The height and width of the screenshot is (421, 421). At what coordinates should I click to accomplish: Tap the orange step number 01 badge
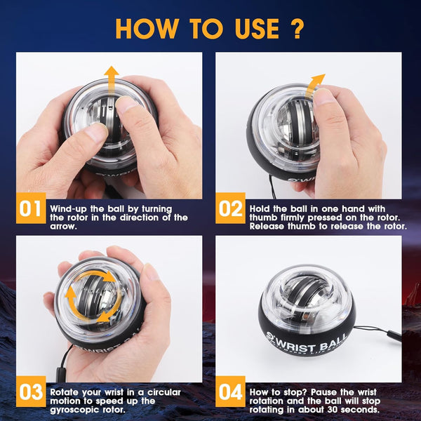(31, 208)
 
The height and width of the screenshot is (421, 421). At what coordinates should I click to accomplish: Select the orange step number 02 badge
(230, 208)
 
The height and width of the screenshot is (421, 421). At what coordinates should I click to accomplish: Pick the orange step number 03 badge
(31, 392)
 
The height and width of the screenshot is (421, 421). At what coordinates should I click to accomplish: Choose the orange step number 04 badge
(230, 392)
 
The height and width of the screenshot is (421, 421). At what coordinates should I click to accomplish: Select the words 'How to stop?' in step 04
(276, 391)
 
